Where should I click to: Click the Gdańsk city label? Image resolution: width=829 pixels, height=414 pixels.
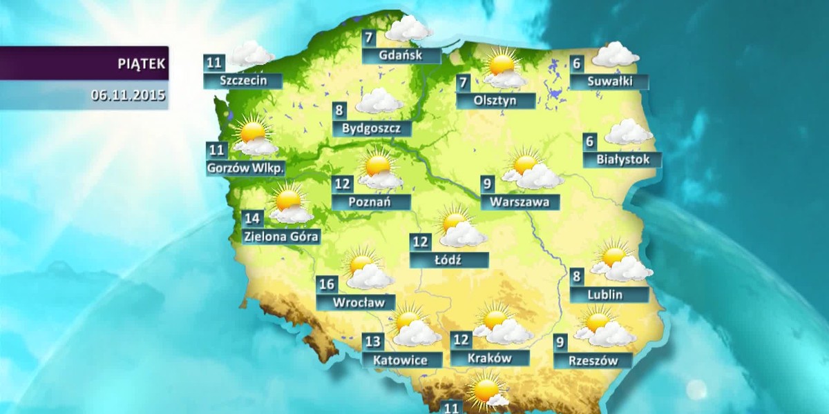point(401,55)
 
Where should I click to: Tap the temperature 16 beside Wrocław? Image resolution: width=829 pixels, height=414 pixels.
point(327,285)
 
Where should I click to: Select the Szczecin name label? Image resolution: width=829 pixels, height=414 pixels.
point(242,80)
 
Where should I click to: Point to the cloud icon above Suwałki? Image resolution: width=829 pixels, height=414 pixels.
point(615,55)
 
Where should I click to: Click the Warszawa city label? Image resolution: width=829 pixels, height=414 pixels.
point(520,202)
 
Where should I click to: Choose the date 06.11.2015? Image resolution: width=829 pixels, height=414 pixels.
point(128,95)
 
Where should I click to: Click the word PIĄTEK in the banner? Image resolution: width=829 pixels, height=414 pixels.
point(141,64)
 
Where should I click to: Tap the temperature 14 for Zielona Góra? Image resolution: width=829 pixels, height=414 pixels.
point(253,219)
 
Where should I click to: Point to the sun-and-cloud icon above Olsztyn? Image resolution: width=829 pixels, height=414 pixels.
point(503,67)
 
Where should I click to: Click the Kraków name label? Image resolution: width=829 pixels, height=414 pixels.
point(489,358)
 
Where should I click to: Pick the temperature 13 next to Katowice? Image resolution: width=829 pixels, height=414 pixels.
point(373,342)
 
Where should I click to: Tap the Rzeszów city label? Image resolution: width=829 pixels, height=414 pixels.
point(592,360)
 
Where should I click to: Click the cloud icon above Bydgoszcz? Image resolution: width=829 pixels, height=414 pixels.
point(379,101)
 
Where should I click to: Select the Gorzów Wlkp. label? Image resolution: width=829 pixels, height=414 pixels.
point(246,167)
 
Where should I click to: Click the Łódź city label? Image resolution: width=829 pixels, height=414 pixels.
point(449,260)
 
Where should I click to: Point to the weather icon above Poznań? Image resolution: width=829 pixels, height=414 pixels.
point(379,170)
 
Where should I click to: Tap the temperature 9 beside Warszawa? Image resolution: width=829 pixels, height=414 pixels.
point(488,184)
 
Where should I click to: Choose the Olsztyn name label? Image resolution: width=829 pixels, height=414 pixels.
point(495,100)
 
